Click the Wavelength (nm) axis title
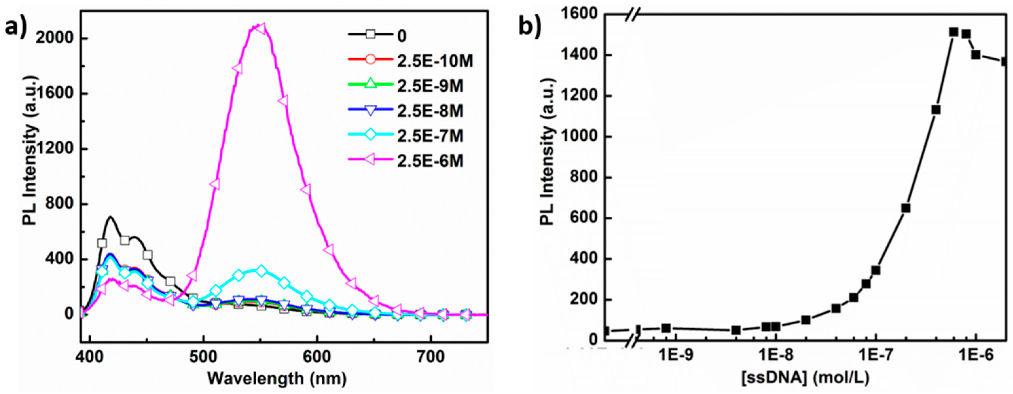(277, 379)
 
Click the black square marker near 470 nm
(170, 281)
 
